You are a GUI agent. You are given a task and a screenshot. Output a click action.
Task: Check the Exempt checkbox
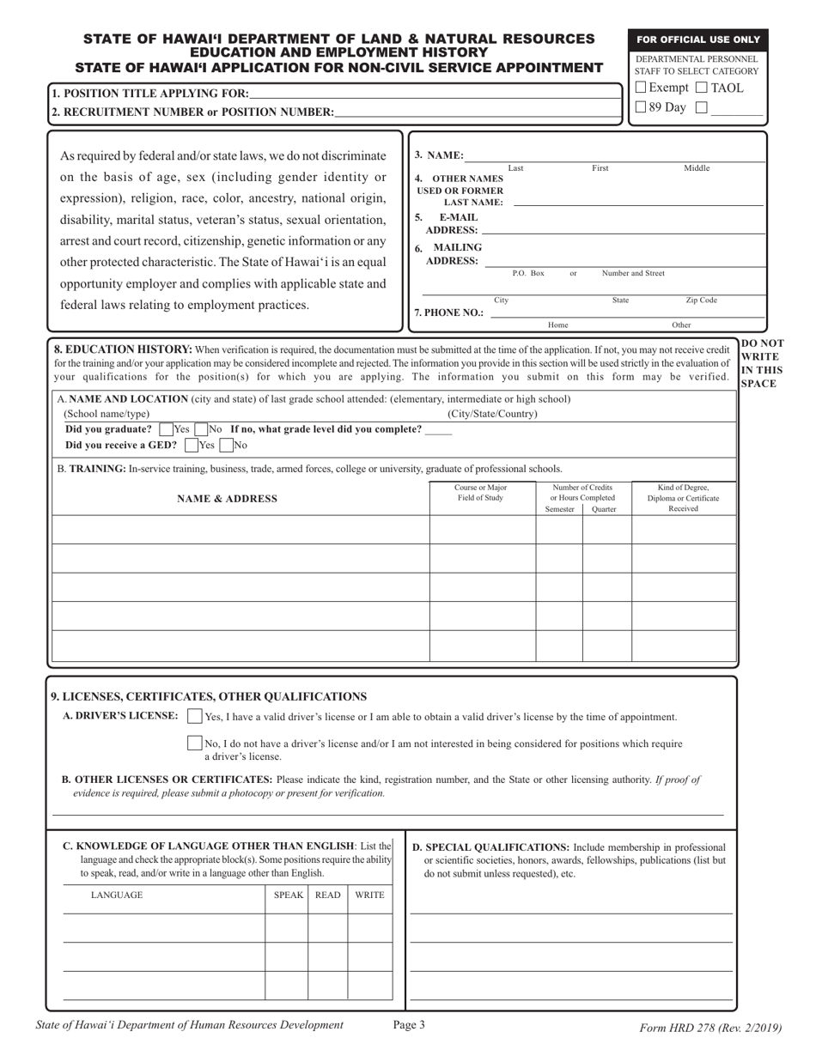[641, 88]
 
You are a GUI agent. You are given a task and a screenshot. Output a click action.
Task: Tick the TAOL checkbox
[701, 88]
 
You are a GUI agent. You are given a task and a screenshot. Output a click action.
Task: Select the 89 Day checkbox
[641, 107]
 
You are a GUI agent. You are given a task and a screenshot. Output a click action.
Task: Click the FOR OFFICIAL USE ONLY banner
[697, 39]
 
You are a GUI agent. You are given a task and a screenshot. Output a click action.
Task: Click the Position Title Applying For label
[150, 94]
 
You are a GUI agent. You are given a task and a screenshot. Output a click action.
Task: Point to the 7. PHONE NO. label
[448, 313]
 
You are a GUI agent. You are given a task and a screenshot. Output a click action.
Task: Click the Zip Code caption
[701, 300]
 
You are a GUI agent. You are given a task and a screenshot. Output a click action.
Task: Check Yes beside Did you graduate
[166, 429]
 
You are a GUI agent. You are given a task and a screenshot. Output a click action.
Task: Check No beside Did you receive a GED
[226, 446]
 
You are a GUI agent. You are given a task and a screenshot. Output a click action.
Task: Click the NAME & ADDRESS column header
[227, 499]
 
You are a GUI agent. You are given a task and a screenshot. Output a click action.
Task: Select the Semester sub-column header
[559, 509]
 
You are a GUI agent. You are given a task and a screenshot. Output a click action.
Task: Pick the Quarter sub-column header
[606, 509]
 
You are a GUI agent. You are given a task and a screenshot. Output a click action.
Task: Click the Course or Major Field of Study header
[480, 493]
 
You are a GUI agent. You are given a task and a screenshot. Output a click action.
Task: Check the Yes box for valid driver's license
[195, 717]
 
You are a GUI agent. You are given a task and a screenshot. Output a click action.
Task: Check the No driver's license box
[195, 743]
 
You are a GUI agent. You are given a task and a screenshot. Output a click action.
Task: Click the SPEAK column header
[288, 895]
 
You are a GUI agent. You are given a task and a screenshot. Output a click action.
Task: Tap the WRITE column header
[369, 895]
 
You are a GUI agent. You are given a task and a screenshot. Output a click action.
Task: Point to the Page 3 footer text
[409, 1024]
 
